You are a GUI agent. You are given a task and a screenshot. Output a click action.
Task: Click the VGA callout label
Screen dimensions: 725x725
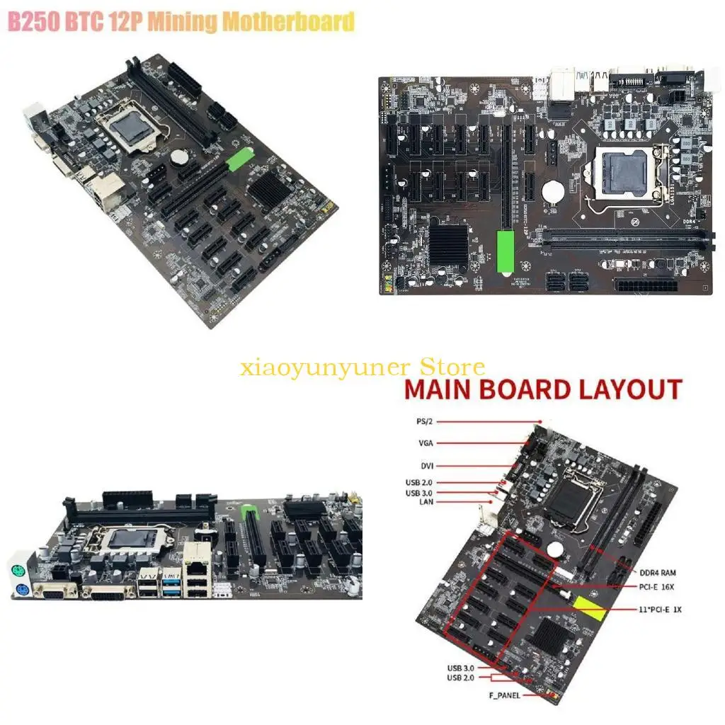click(425, 443)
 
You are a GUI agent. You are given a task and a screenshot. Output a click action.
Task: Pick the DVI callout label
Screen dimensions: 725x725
click(426, 466)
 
